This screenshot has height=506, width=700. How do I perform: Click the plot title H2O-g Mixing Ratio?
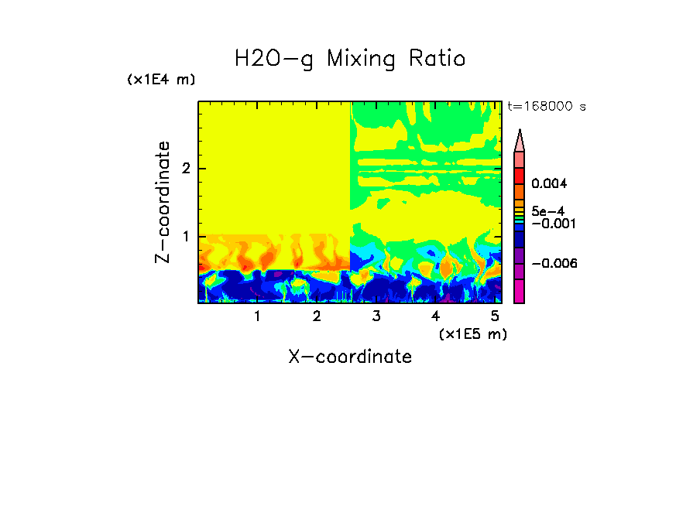350,59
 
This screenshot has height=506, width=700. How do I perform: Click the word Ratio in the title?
434,59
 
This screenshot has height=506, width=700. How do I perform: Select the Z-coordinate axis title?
163,202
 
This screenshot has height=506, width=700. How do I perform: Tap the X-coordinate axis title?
350,357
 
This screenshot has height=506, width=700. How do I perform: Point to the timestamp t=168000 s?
547,106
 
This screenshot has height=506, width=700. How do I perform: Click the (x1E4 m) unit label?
161,80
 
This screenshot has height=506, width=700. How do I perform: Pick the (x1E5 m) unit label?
472,333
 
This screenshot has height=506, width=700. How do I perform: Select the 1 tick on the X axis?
257,316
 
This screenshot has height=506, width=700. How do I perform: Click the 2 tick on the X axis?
317,316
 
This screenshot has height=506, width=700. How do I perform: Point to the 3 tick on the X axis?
376,316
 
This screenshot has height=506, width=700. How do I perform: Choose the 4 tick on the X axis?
435,316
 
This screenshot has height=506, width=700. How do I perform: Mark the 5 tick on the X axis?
495,316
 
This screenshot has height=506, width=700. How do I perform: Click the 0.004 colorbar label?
549,184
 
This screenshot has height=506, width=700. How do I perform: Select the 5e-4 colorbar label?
547,211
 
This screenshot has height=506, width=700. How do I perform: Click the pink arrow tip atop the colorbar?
520,140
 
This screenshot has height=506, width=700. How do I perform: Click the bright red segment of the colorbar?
520,175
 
